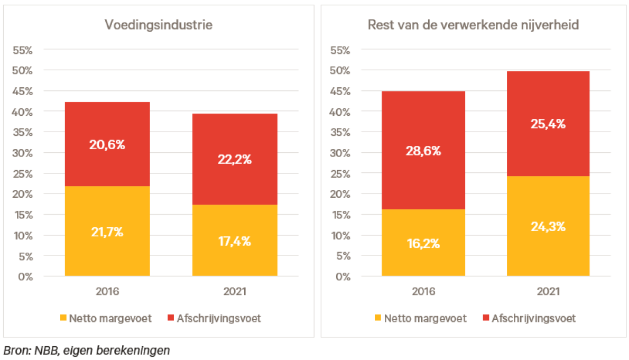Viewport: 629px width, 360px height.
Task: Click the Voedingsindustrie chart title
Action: coord(159,25)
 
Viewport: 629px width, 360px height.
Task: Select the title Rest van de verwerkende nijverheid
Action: coord(474,25)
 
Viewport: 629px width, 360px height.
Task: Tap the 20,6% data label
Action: coord(107,144)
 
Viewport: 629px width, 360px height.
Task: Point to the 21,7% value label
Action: coord(107,232)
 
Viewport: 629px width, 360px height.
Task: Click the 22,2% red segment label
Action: coord(234,159)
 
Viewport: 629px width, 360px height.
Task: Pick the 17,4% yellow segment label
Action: coord(234,242)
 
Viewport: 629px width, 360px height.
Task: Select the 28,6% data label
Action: coord(423,151)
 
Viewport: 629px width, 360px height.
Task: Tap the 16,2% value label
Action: coord(423,244)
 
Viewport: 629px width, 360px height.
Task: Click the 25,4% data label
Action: coord(548,124)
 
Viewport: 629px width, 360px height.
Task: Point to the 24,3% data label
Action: coord(548,227)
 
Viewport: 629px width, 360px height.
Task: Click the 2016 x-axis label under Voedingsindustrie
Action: coord(107,291)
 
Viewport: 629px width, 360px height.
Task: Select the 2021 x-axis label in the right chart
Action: coord(548,291)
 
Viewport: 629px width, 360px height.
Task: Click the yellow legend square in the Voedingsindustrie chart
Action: coord(63,318)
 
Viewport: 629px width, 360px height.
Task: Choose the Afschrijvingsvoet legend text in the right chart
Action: coord(534,318)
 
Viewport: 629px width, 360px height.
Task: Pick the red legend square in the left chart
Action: coord(171,318)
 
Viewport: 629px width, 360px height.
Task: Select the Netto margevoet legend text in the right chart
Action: coord(425,318)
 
